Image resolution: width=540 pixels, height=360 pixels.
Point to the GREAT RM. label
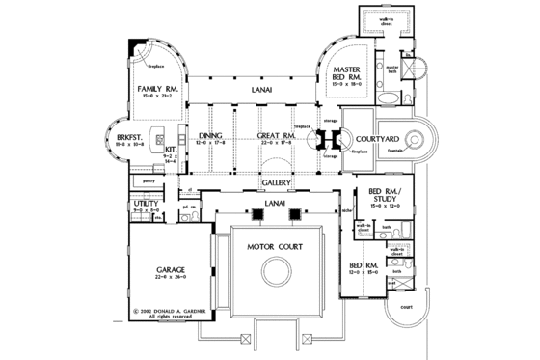point(277,136)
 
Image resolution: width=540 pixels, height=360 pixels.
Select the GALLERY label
point(277,182)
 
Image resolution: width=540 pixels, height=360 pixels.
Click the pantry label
point(148,180)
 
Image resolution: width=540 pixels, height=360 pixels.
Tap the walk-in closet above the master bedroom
point(382,22)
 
